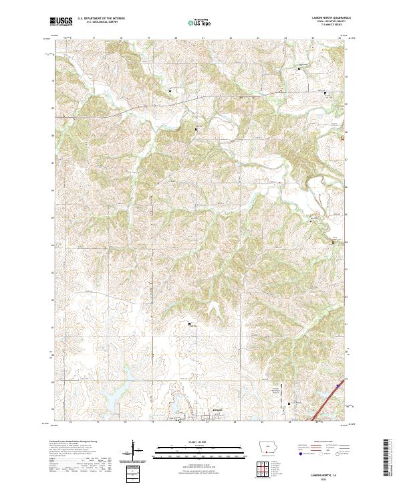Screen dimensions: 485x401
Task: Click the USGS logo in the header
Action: click(61, 22)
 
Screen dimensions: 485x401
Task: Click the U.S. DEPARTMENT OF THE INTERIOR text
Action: click(101, 19)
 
